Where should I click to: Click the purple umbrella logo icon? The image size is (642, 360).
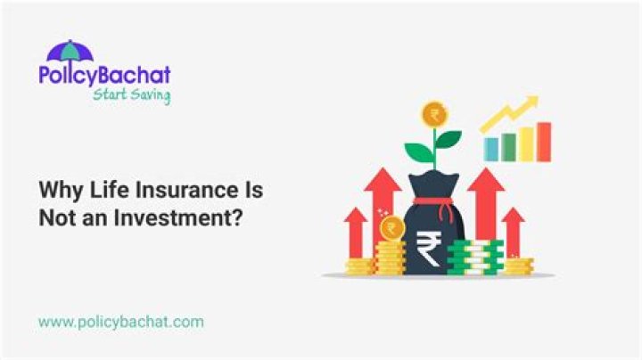[70, 51]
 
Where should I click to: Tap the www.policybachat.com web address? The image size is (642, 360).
[120, 320]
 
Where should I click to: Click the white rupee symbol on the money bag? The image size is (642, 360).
[428, 249]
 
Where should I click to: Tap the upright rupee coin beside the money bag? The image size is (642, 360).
[391, 229]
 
